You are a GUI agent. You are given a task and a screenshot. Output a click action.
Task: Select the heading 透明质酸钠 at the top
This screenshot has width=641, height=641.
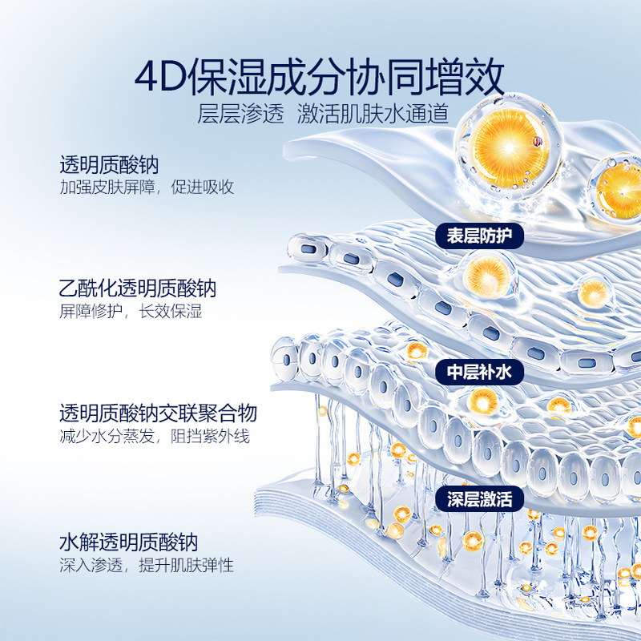(x=109, y=166)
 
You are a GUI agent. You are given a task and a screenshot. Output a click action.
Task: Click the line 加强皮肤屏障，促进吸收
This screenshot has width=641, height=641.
(x=147, y=187)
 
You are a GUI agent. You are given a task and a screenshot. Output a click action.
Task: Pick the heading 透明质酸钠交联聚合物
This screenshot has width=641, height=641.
(x=158, y=413)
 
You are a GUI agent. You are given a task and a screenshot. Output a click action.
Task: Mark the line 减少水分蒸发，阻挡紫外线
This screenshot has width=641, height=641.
(x=155, y=437)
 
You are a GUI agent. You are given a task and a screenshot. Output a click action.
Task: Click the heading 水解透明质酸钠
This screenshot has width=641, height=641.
(x=128, y=542)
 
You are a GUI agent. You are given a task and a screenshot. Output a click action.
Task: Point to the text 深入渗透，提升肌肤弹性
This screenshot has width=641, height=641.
(x=147, y=565)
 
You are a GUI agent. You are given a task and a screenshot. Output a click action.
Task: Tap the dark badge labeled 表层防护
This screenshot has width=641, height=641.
(x=479, y=236)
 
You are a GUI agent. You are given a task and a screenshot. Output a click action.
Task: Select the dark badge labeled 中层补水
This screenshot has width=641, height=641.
(x=479, y=372)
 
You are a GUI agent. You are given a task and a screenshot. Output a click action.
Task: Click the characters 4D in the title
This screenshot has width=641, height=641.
(x=159, y=78)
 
